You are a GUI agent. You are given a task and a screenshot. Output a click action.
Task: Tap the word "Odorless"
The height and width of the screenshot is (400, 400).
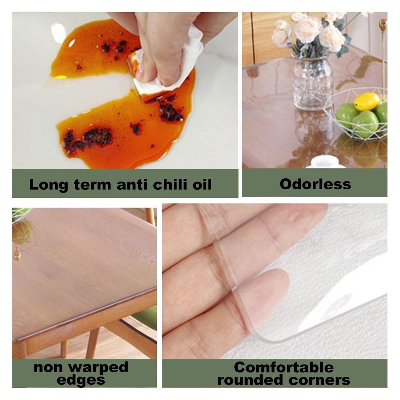point(315,184)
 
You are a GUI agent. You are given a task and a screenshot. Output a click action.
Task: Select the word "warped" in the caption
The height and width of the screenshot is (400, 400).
point(98,368)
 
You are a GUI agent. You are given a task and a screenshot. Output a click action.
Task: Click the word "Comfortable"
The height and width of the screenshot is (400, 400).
point(284,367)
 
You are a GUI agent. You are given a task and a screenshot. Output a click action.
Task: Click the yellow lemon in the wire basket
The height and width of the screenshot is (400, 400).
point(367,102)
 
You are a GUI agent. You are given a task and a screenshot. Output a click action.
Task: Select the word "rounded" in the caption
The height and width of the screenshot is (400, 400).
point(250,380)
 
